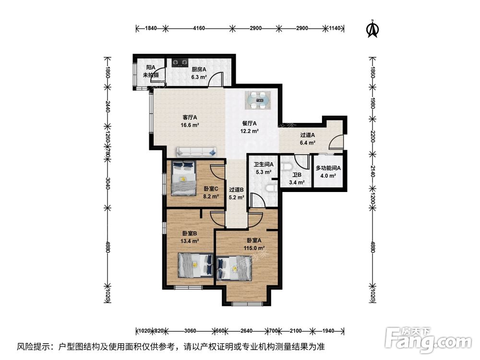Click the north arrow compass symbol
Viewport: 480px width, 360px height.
click(371, 29)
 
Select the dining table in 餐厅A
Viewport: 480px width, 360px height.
click(259, 100)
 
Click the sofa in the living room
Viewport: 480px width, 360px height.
click(195, 152)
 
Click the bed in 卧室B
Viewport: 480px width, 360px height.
click(196, 264)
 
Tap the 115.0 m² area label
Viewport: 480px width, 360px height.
click(254, 248)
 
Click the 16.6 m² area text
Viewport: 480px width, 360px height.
click(191, 124)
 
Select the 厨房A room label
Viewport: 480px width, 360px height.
click(199, 69)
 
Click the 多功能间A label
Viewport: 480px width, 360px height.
click(328, 168)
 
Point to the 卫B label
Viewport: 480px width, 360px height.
click(298, 175)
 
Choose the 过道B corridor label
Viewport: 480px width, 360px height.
click(236, 190)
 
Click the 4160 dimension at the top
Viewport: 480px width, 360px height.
click(199, 29)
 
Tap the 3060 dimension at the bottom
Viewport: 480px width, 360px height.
click(190, 331)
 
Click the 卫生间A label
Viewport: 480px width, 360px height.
click(264, 165)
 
